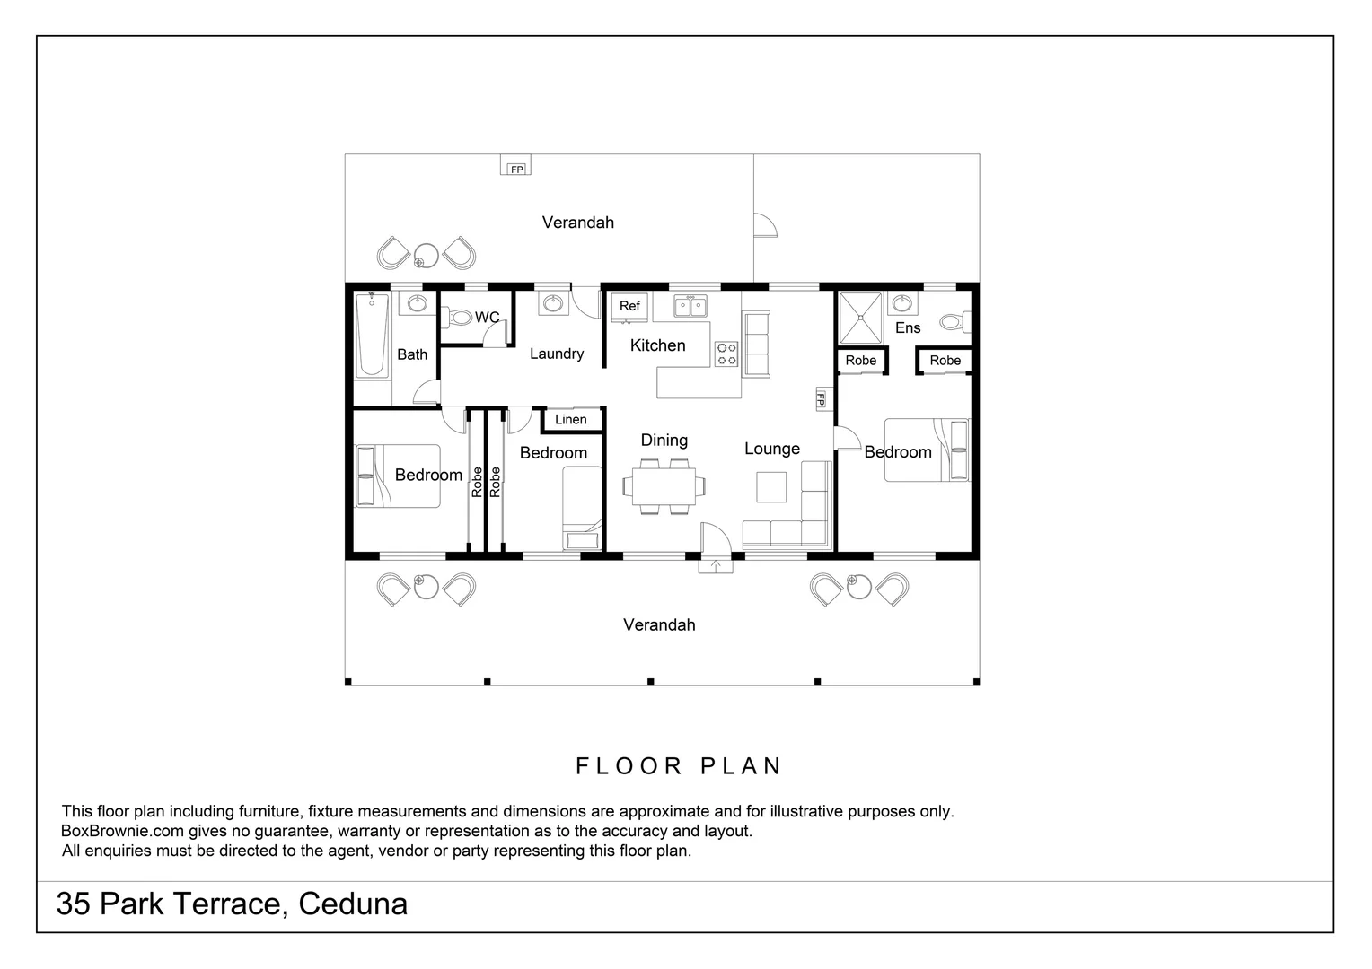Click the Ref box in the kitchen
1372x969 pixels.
pos(629,307)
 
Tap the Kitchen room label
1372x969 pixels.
pos(657,345)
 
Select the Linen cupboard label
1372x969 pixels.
pos(570,419)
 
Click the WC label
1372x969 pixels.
pos(487,318)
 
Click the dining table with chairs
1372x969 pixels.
pos(664,486)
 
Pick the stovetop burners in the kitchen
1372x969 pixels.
pos(726,354)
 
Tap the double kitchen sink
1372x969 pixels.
pos(690,307)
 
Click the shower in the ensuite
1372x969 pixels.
pos(860,317)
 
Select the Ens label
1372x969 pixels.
pos(908,328)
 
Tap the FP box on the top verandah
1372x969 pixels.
pos(516,169)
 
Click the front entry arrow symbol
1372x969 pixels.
pos(716,565)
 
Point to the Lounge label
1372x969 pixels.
pos(772,449)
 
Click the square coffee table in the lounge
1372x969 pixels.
pos(771,486)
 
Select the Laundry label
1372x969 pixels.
pos(557,354)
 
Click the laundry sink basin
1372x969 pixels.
pos(552,304)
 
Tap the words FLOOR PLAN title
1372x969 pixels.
pos(679,766)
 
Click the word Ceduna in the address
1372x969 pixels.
pos(353,904)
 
